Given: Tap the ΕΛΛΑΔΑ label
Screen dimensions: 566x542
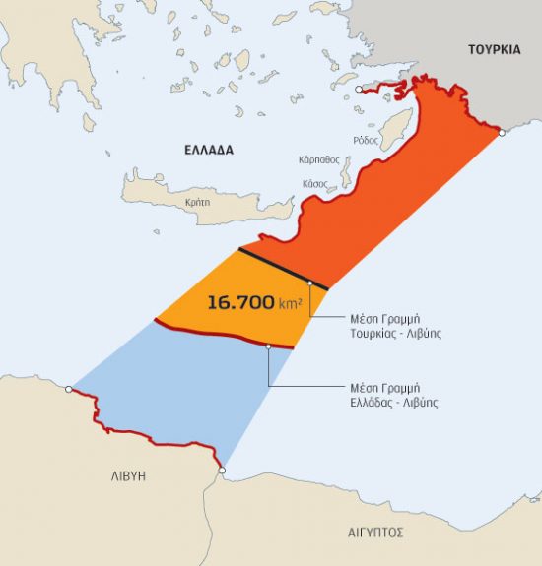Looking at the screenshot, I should tap(209, 150).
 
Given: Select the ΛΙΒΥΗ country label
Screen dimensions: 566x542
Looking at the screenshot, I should tap(127, 474).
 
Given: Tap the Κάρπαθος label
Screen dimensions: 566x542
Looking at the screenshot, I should tap(318, 158).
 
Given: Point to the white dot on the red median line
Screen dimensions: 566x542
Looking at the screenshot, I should tap(269, 346).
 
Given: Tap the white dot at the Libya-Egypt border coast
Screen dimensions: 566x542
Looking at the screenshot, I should tap(223, 471).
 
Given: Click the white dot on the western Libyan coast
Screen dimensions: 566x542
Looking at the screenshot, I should tap(68, 389).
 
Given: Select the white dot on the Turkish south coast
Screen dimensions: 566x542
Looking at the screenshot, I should tap(503, 131).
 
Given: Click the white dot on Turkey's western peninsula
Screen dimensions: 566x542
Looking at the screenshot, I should tap(358, 89).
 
